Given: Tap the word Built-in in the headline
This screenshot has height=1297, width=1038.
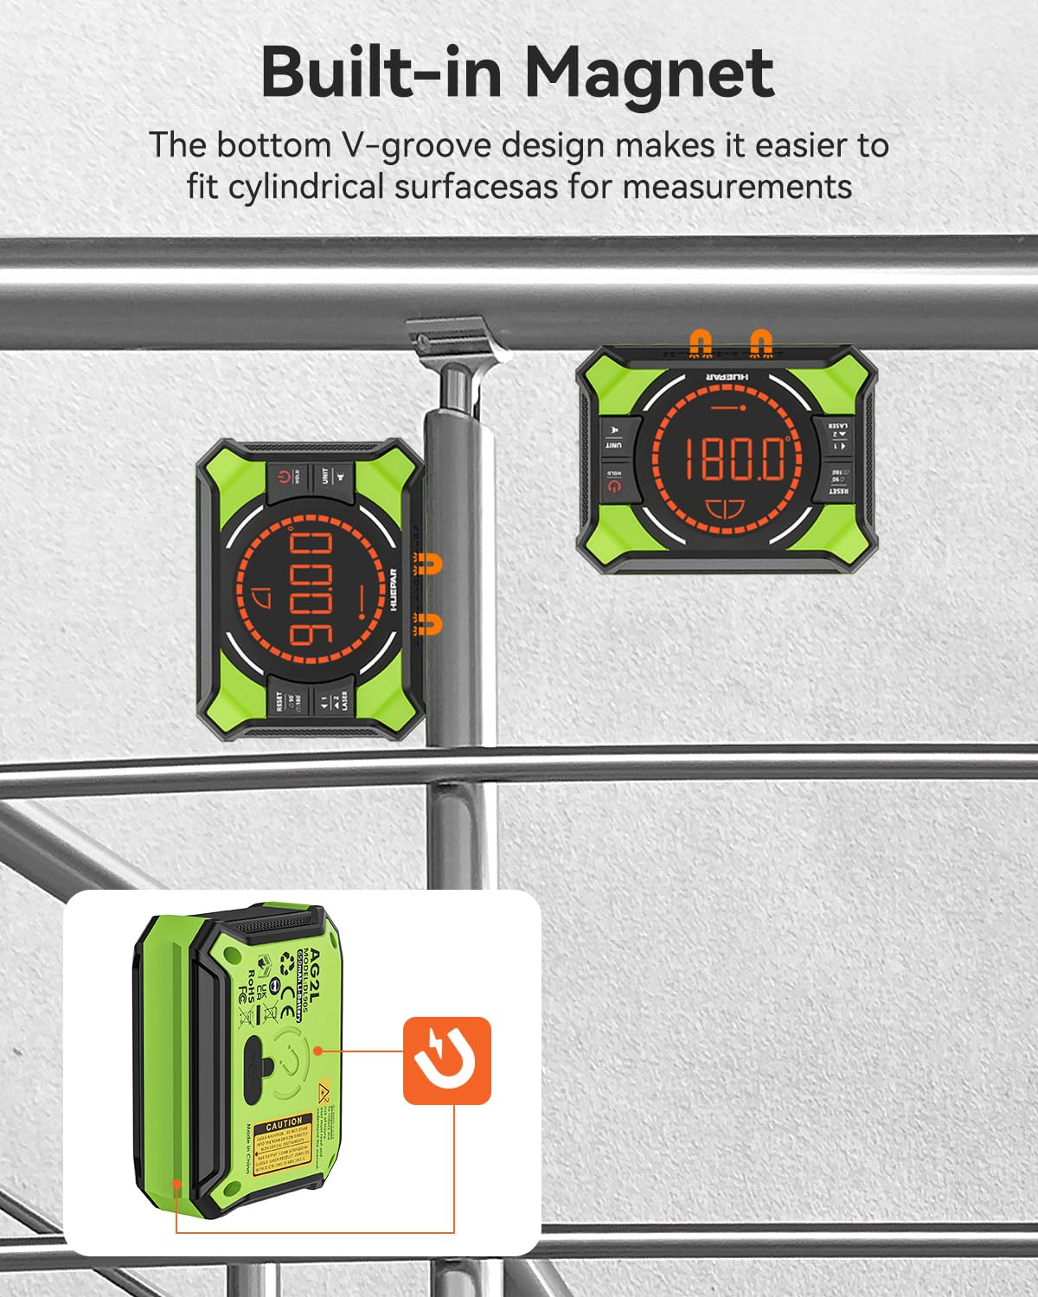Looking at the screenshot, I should pos(381,73).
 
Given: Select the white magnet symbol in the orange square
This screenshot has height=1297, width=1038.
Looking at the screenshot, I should pos(446,1059).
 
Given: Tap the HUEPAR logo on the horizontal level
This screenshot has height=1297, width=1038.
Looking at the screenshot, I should pos(726,378).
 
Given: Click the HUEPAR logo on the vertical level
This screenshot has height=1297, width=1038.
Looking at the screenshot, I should pos(394,589).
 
